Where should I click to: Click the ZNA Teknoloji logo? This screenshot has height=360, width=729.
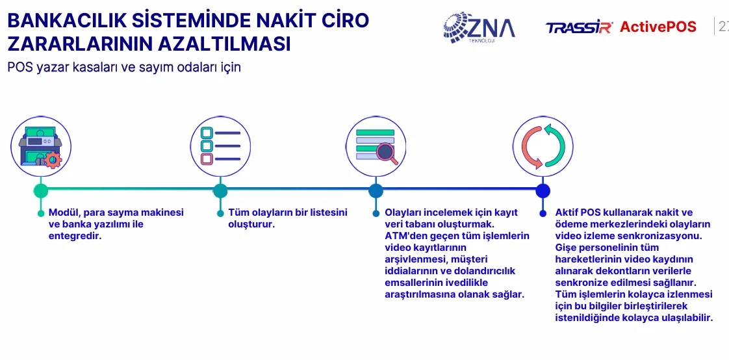(479, 27)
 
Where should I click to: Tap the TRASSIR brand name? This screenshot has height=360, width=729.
(580, 27)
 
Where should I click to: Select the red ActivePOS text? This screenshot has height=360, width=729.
(658, 27)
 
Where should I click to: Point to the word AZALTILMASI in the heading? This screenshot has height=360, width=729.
(224, 44)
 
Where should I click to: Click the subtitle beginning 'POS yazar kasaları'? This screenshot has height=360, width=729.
(124, 68)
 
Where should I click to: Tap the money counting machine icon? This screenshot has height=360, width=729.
(40, 146)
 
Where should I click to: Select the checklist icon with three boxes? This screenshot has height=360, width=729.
(220, 146)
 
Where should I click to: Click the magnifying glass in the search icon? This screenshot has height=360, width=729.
(387, 153)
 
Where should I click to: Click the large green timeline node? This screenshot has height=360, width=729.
(41, 190)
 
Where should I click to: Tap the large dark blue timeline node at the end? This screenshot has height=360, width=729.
(543, 190)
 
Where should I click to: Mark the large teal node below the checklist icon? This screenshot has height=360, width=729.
(220, 190)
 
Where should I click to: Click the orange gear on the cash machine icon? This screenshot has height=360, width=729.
(53, 160)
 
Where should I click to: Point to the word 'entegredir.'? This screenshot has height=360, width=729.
(75, 236)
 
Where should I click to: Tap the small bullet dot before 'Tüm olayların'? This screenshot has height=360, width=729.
(220, 214)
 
